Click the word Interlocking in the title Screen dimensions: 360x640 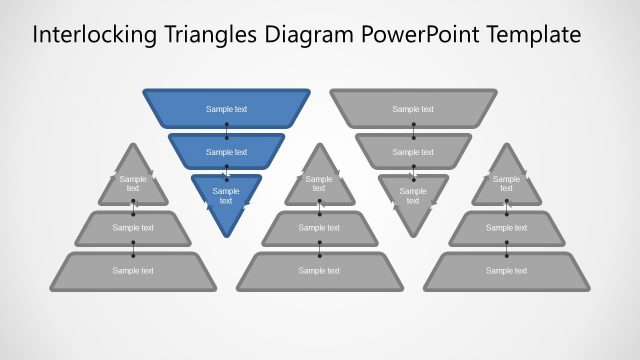91,36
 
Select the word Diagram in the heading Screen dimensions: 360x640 306,36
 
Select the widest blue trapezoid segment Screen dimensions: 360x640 226,109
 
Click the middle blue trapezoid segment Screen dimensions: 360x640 226,151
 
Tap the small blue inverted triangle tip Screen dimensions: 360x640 226,198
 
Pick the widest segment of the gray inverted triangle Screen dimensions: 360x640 413,109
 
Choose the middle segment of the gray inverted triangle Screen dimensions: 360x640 413,151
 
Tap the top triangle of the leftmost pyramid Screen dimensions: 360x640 133,182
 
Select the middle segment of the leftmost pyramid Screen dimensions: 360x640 133,228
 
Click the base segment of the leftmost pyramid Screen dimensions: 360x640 133,270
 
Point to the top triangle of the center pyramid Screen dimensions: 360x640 319,182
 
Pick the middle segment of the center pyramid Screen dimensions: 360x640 319,228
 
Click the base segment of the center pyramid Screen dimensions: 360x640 319,270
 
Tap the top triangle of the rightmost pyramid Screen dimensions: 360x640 506,182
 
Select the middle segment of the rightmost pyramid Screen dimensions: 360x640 506,228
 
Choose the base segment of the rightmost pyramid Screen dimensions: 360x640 506,270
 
